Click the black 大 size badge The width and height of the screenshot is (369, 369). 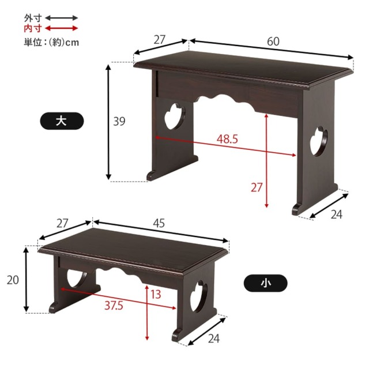62,121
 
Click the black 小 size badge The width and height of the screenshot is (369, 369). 265,283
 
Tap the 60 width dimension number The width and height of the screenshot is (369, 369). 273,42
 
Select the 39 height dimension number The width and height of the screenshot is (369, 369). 119,122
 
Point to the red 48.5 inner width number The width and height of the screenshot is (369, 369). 227,139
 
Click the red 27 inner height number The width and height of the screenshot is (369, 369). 257,187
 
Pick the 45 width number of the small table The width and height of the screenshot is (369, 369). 159,223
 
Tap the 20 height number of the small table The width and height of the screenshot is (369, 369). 13,280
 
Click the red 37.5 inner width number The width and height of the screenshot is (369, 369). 114,306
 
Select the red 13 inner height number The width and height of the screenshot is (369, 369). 156,294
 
